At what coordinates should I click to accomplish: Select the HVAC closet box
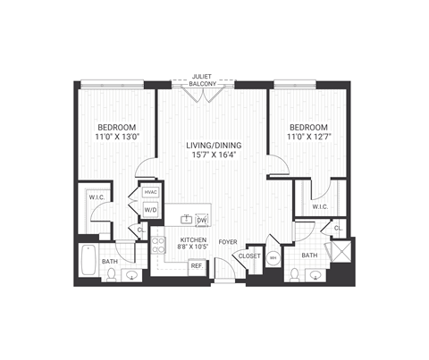(150, 193)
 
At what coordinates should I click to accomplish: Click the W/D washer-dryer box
(150, 212)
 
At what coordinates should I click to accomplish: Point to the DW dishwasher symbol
(201, 219)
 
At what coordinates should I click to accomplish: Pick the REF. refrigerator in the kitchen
(196, 265)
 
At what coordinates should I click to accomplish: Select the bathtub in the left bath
(88, 259)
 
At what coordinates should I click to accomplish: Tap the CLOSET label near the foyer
(248, 256)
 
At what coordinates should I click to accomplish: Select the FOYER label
(229, 240)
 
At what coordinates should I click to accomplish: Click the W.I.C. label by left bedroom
(97, 196)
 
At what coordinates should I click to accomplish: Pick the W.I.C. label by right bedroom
(319, 207)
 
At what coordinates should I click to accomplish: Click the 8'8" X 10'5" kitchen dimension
(192, 248)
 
